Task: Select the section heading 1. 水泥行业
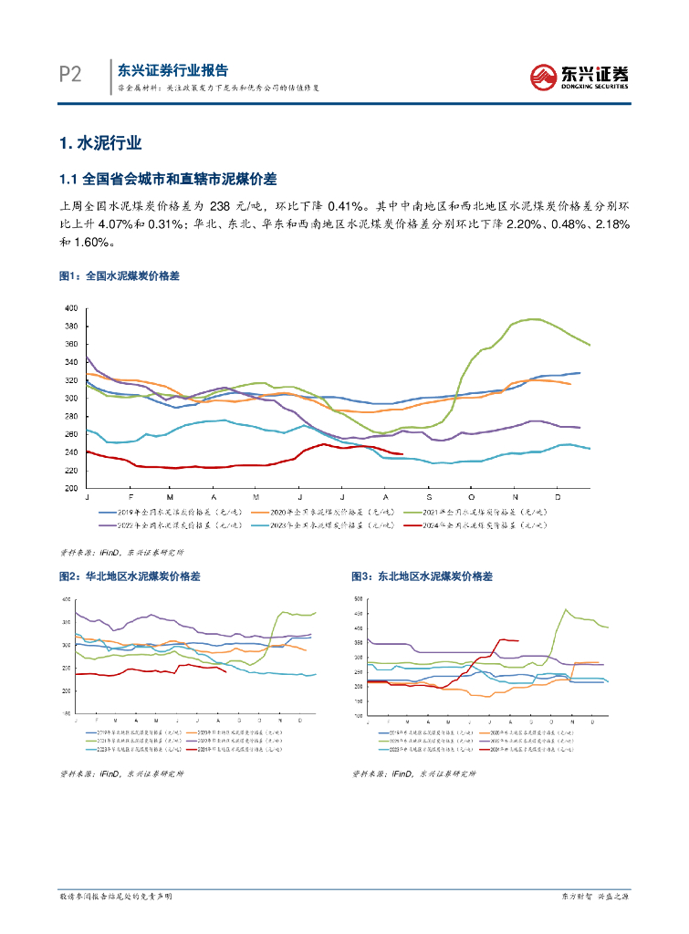99,144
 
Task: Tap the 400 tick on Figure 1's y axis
70,309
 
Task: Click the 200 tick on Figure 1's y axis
70,489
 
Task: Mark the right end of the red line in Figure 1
402,454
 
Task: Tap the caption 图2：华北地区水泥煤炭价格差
129,576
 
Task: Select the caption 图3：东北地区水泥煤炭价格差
422,576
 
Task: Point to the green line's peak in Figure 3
567,610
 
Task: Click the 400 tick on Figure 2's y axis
66,599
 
